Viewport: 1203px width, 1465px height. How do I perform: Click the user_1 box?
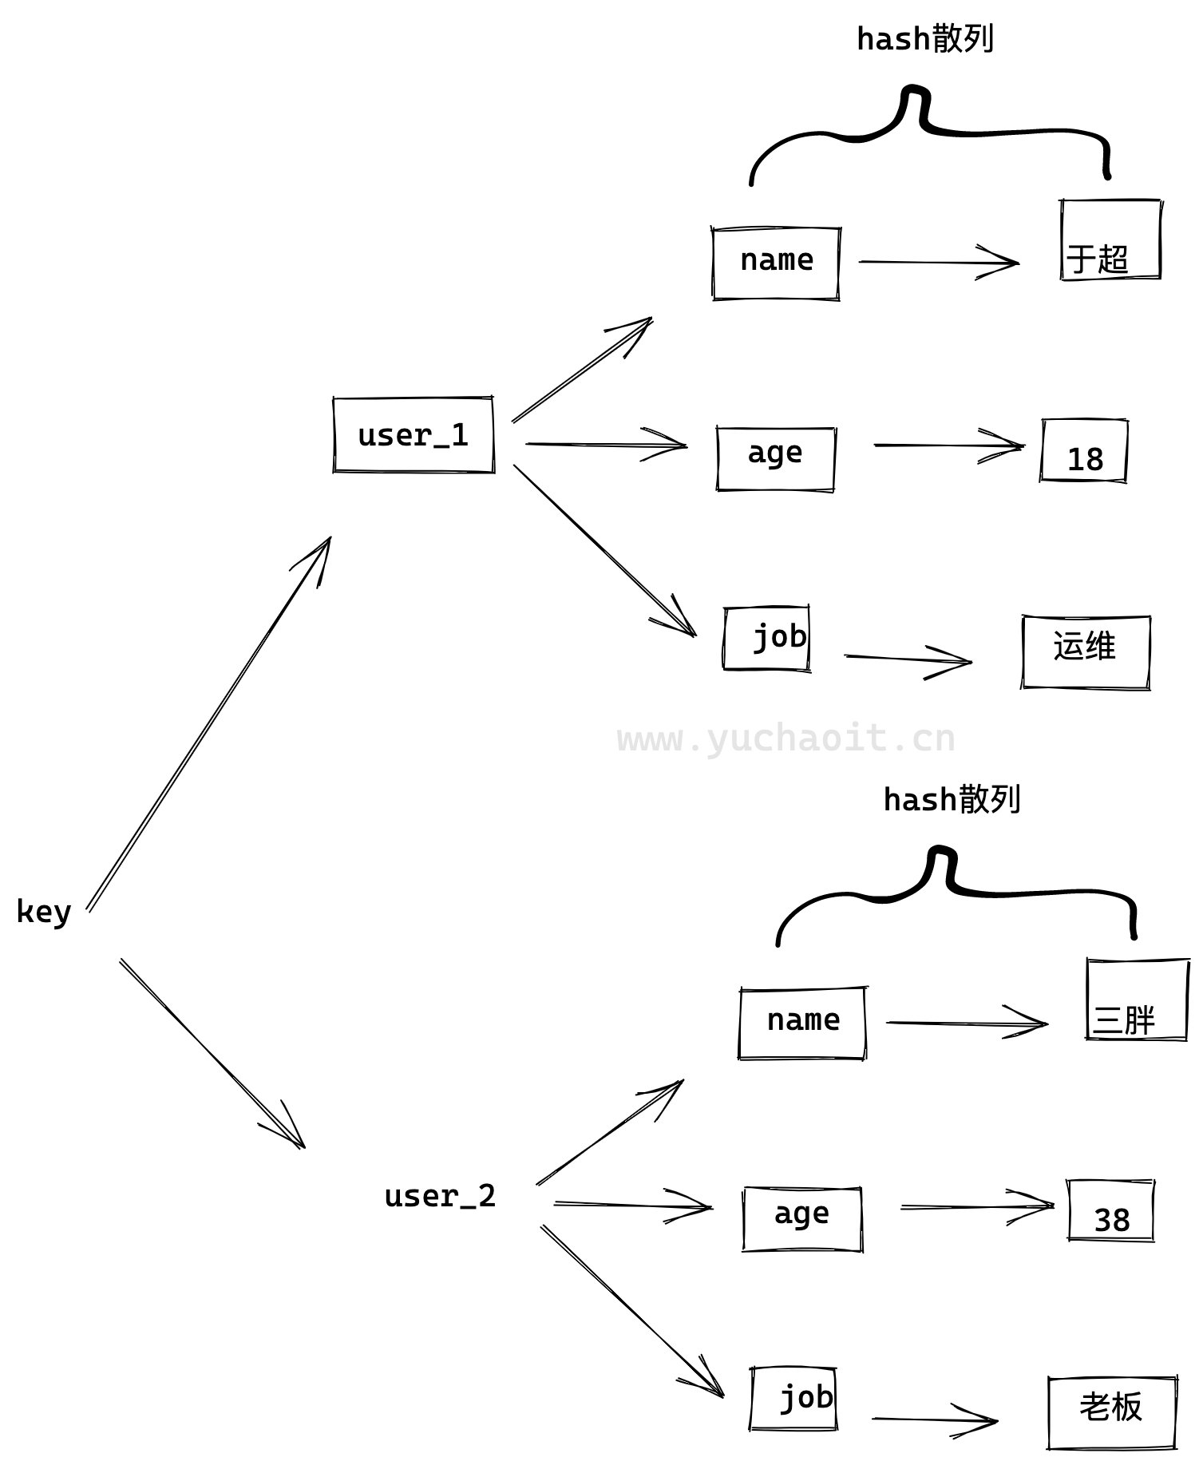pos(414,435)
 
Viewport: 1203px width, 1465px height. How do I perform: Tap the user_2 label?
pos(440,1196)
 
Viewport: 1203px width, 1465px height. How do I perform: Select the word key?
pos(44,911)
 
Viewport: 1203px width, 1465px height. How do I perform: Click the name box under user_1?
pos(776,263)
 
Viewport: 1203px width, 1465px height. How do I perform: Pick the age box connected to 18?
pos(775,458)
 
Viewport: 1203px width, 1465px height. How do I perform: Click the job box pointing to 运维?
pos(766,639)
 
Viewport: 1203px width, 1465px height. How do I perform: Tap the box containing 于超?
pos(1110,240)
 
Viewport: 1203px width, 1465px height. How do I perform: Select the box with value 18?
pos(1083,450)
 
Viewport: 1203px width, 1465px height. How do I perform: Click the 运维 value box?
pos(1085,651)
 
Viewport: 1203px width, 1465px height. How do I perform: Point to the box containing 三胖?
pos(1137,999)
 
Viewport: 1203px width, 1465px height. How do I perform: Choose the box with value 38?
pos(1110,1210)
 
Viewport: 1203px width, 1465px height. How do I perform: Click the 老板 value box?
pos(1111,1412)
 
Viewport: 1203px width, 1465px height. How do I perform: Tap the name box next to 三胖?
pos(802,1023)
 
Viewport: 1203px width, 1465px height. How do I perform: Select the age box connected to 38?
pos(801,1218)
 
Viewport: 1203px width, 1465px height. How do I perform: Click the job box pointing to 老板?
pos(793,1399)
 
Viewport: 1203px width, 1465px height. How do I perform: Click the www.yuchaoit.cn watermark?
pos(786,738)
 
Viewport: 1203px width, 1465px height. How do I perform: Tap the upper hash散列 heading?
pos(924,39)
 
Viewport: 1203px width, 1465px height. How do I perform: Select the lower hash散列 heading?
pos(952,799)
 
